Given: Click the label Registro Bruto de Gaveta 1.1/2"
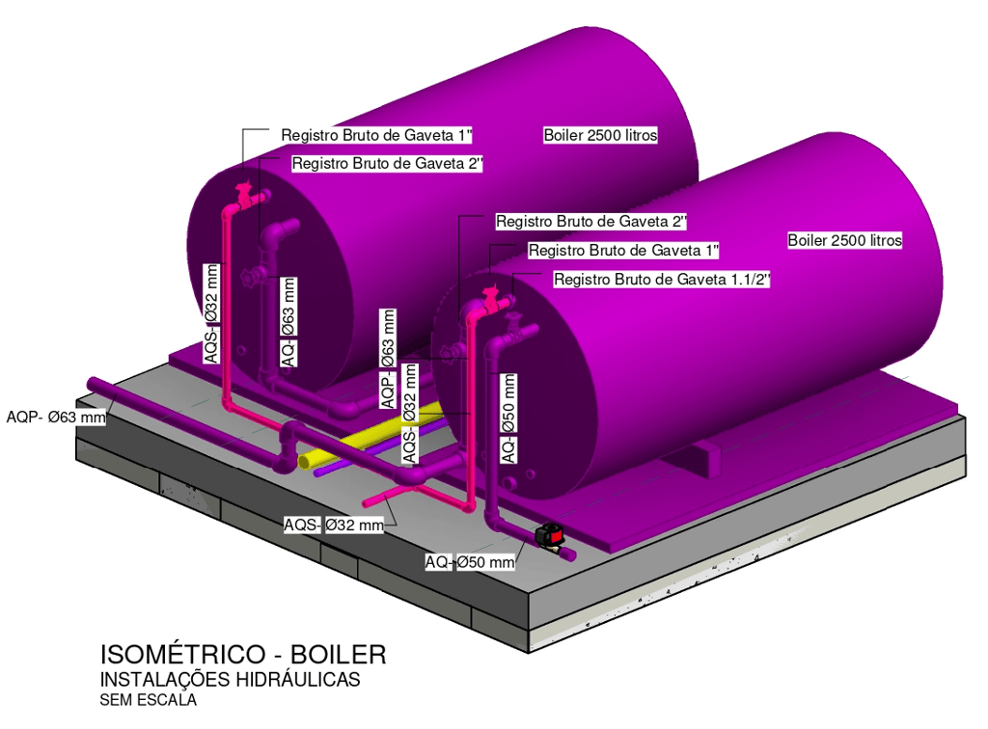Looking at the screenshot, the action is [x=662, y=280].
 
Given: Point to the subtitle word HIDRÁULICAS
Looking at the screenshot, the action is [x=298, y=680].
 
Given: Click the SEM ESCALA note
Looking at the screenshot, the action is [x=148, y=701].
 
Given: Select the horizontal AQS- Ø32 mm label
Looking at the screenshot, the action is [x=334, y=526].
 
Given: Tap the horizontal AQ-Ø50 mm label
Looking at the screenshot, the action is [x=470, y=561].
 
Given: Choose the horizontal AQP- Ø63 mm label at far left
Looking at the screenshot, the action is [x=55, y=418].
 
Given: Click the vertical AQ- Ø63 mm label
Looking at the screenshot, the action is [x=288, y=320].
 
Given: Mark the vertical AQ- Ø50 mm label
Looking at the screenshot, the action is [x=508, y=417].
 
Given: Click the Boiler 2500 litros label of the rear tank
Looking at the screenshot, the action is [x=600, y=135].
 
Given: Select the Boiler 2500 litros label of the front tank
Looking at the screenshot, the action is [x=844, y=240].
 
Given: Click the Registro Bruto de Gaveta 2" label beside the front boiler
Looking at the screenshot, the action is [x=590, y=222].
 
